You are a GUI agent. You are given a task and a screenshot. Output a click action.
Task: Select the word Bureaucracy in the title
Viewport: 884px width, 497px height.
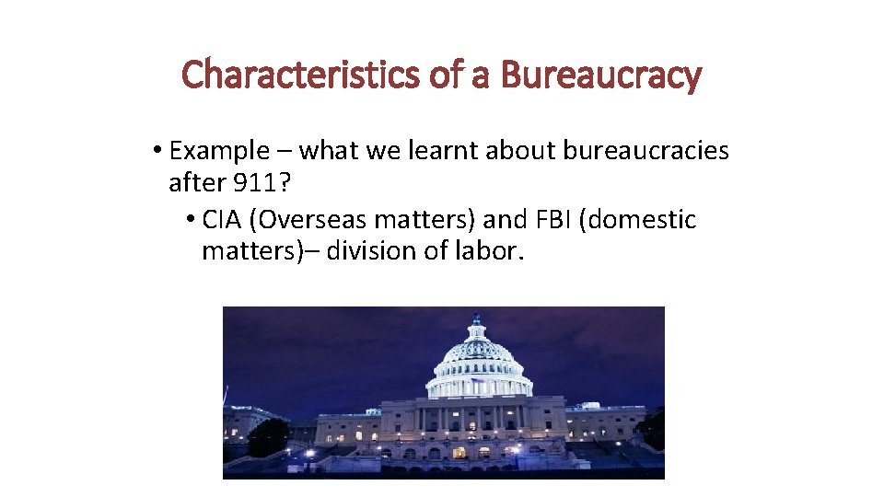(x=600, y=75)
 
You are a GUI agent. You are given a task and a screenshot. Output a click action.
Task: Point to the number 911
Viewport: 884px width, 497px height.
(x=256, y=183)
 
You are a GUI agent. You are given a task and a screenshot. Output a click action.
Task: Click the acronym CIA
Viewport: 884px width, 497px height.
(x=221, y=220)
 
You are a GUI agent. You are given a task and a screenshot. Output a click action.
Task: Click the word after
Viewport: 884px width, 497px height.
(x=197, y=183)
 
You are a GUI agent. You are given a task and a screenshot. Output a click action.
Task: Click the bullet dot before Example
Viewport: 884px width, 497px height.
(x=158, y=150)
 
